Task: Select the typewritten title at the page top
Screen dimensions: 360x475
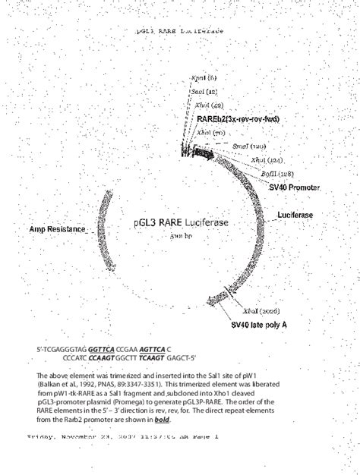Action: tap(179, 32)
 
